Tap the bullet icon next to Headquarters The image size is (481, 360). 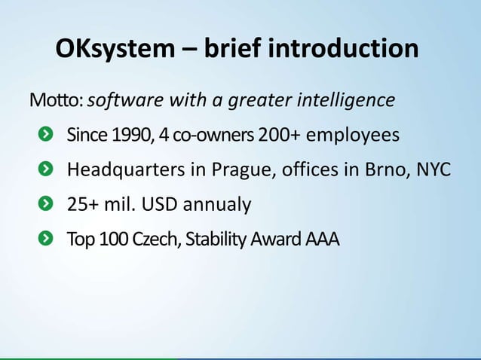[46, 169]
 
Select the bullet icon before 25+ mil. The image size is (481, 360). [46, 204]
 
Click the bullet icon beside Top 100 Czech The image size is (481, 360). [46, 239]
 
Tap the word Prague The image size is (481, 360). [243, 170]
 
